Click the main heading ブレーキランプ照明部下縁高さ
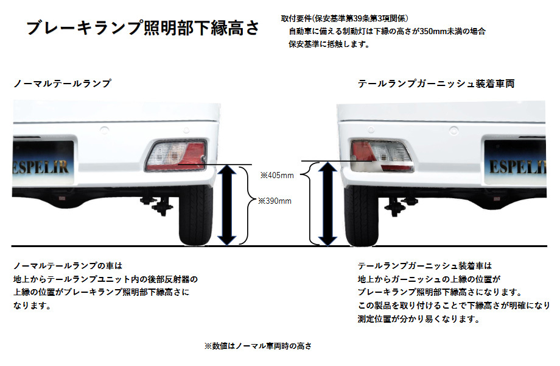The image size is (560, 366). pos(143,28)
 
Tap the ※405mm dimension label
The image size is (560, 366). pos(277,175)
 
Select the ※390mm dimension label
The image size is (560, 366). pos(275,201)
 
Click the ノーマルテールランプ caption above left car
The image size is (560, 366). pos(62,84)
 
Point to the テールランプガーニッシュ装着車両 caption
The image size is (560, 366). pos(436,84)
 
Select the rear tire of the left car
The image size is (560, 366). pos(196,215)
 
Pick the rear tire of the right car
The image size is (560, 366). pos(361,215)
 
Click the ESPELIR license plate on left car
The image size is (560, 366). pos(43,163)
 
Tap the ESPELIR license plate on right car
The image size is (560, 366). pos(516,163)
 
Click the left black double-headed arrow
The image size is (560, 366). pos(227,205)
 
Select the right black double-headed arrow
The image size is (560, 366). pos(327,204)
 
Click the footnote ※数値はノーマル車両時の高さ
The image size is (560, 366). pos(258,346)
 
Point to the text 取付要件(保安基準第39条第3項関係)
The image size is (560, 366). pos(345,18)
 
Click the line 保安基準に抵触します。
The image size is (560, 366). pos(329,45)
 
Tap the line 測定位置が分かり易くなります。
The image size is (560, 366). pos(419,319)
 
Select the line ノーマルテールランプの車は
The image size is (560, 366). pos(68,266)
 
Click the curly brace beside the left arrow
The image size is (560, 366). pos(248,205)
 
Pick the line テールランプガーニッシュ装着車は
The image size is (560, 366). pos(425,266)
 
